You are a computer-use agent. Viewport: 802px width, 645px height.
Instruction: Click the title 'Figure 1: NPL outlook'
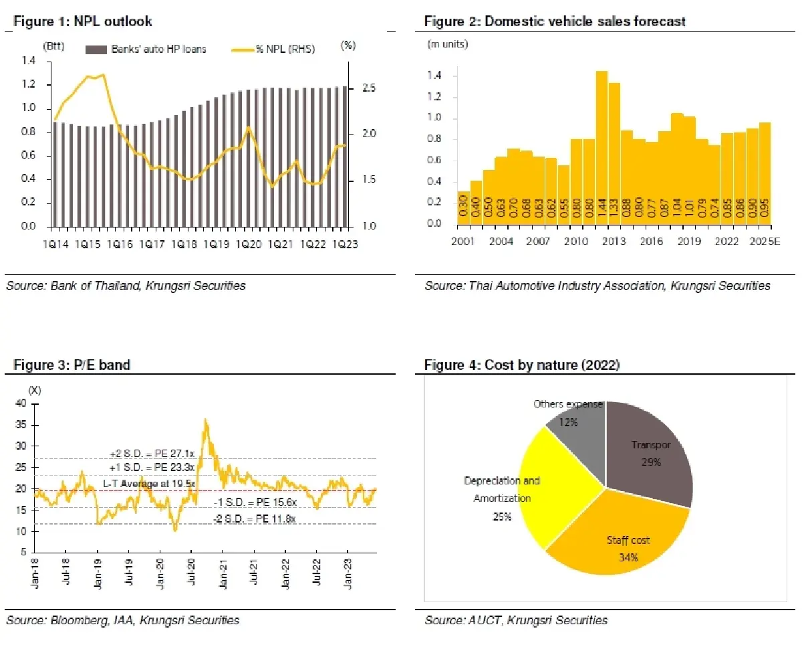[83, 21]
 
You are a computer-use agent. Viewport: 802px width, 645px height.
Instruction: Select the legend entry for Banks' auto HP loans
[146, 49]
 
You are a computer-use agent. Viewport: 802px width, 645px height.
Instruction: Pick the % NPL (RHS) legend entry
[273, 49]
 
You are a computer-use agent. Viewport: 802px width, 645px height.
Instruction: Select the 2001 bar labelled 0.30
[462, 207]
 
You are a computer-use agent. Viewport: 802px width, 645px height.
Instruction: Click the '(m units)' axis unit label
[448, 44]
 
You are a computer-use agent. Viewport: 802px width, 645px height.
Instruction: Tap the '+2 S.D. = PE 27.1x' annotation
[152, 453]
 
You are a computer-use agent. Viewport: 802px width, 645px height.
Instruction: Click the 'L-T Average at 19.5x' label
[149, 483]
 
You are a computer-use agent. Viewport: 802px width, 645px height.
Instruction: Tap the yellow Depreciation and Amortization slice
[548, 495]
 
